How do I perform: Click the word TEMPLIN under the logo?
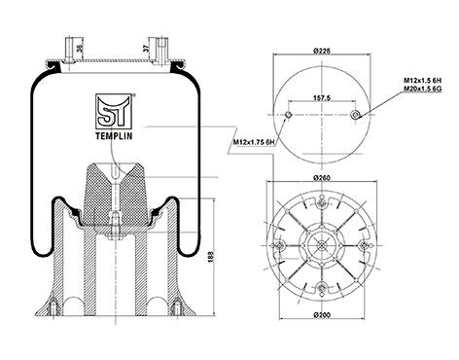[114, 136]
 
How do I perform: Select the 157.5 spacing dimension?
[322, 97]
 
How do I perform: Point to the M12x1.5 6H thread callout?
[423, 80]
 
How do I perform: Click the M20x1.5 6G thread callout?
[423, 88]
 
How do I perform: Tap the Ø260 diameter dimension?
[322, 177]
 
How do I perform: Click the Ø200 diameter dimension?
[322, 314]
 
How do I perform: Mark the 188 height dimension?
[211, 256]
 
